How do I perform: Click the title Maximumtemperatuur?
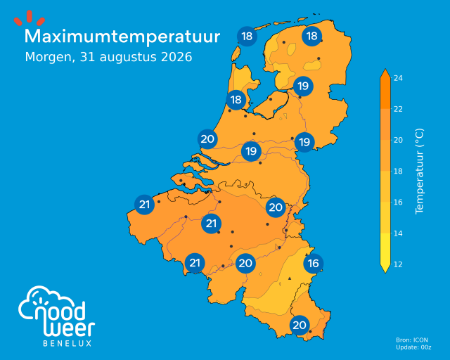(122, 37)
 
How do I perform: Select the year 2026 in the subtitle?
(176, 57)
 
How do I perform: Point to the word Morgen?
(51, 58)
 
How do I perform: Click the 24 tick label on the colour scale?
(398, 78)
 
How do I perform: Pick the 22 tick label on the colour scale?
(398, 109)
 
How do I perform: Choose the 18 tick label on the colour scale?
(398, 171)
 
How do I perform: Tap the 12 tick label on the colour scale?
(398, 264)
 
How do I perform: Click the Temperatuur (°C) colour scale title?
(419, 171)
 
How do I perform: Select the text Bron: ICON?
(412, 340)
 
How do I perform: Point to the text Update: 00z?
(413, 347)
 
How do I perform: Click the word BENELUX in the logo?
(67, 343)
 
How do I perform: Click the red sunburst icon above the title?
(30, 18)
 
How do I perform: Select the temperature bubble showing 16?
(314, 263)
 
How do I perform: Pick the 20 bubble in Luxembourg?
(300, 325)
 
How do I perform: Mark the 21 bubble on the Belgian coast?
(144, 205)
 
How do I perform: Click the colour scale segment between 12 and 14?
(385, 249)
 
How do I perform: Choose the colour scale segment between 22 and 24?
(385, 93)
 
